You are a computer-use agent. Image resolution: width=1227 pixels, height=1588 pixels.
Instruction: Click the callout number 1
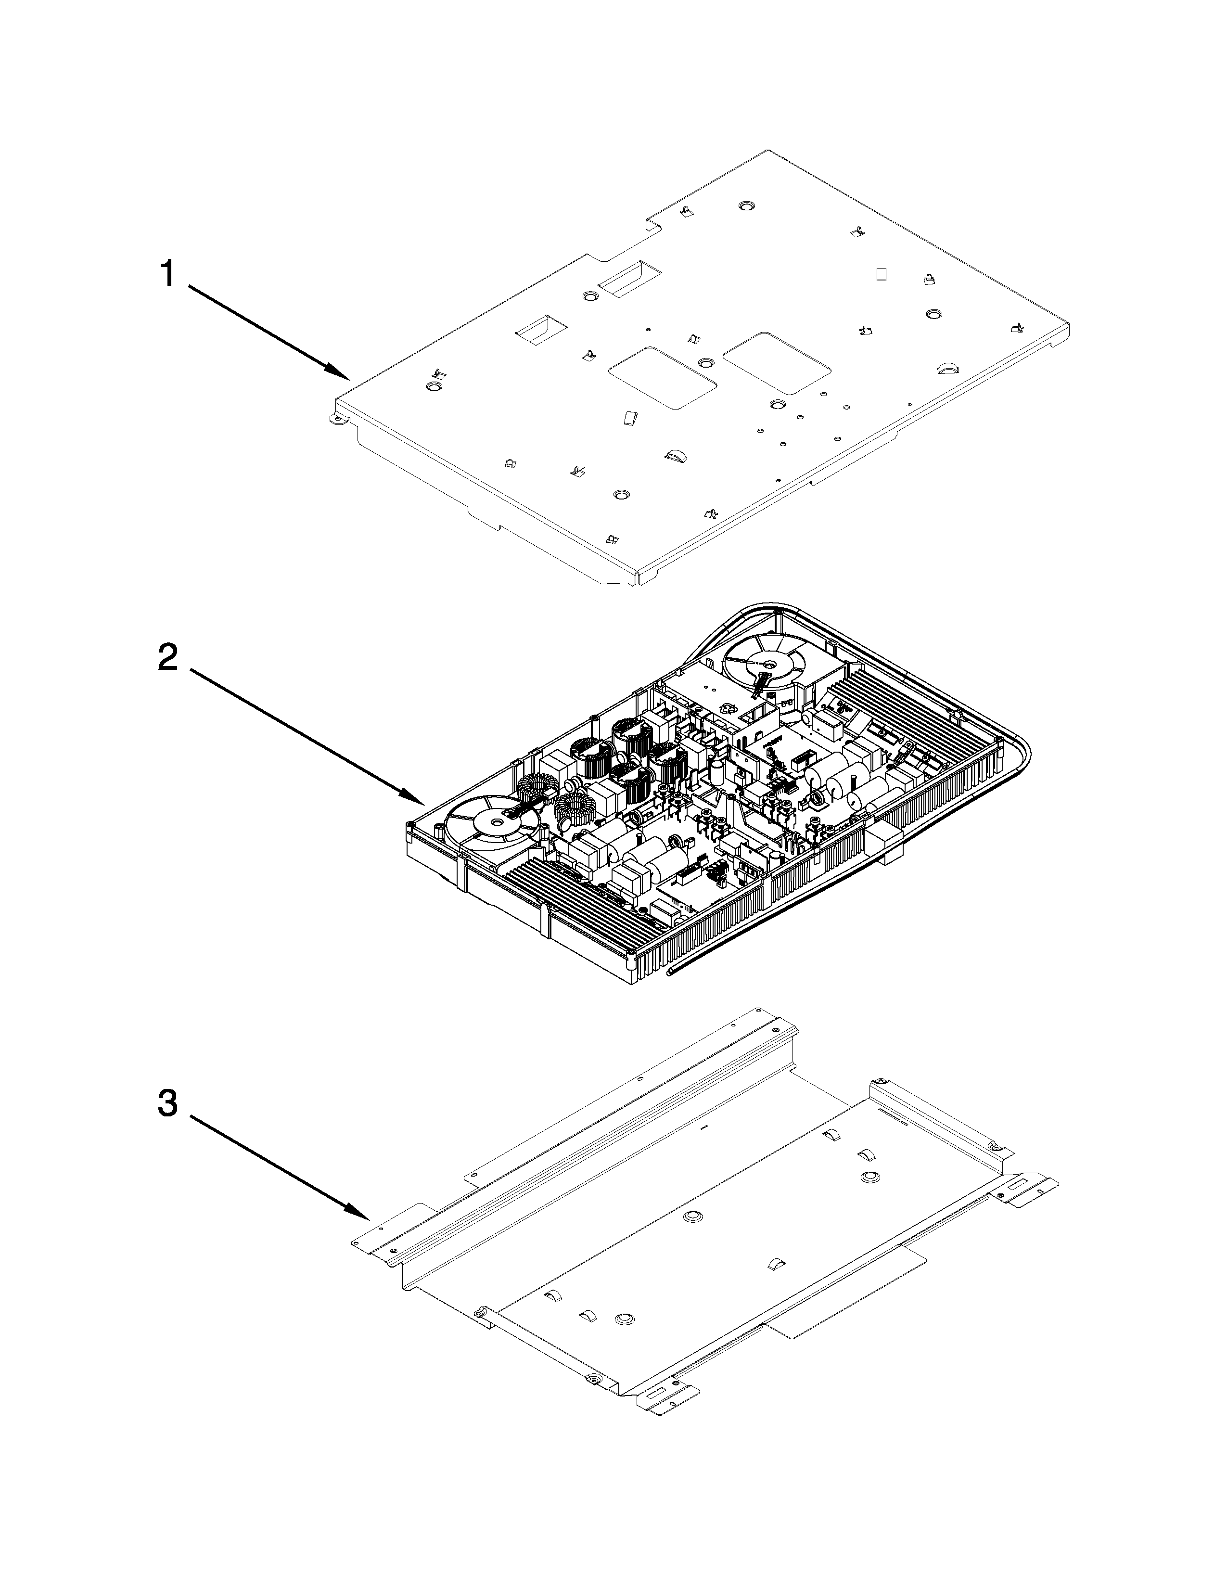coord(167,275)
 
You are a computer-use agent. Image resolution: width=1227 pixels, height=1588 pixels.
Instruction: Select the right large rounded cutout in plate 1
coord(776,363)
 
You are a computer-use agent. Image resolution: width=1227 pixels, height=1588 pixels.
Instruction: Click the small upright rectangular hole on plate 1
coord(882,274)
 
